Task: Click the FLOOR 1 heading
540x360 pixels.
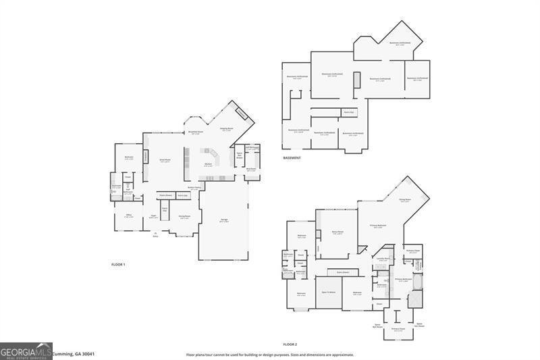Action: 118,264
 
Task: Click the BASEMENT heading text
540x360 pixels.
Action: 292,158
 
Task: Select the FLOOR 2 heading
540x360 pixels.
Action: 290,344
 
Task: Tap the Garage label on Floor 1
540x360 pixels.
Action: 223,221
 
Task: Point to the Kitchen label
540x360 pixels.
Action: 209,164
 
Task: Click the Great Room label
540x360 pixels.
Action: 164,161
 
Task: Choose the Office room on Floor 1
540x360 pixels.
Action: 128,215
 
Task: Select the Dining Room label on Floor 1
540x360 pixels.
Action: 184,217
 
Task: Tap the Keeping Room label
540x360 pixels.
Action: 227,129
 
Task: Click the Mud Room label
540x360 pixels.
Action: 250,170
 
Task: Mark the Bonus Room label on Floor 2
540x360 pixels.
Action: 338,233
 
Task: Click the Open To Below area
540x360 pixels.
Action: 329,292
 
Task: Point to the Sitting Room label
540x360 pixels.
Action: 405,201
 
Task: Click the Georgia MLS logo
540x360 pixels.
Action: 26,351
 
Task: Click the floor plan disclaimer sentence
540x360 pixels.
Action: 270,354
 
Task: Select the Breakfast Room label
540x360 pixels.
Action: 196,134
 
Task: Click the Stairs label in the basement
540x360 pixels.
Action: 348,112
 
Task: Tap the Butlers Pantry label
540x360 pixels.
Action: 194,188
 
